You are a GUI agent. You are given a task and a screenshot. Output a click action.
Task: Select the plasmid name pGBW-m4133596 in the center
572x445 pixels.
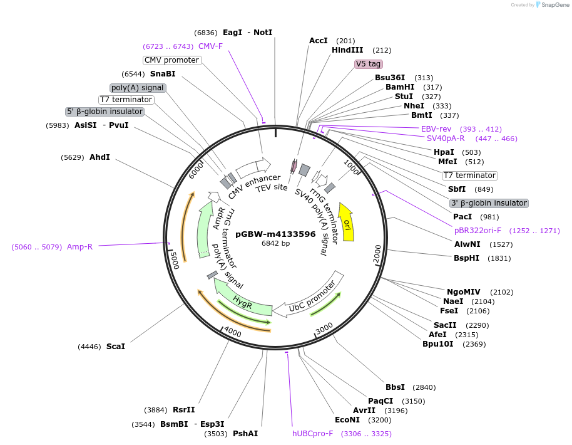(275, 234)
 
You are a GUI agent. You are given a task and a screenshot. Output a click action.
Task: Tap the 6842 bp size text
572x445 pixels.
(275, 243)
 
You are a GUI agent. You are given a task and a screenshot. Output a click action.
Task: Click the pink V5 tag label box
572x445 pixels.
(368, 64)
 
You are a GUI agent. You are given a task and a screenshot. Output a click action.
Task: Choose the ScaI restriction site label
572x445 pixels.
(116, 346)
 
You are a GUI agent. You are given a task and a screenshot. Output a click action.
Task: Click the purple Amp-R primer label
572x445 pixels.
(79, 247)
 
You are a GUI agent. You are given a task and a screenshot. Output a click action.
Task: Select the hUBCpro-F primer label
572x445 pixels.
(313, 434)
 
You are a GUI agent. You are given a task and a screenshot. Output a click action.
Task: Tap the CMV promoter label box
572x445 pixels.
(171, 60)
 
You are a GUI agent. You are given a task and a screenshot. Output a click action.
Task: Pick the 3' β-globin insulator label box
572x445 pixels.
(489, 203)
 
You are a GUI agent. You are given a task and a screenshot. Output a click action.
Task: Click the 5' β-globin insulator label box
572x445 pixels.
(105, 112)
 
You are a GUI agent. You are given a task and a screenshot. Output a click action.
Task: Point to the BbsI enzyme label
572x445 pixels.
(395, 387)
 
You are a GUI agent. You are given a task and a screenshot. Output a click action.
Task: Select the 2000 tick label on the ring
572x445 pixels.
(377, 255)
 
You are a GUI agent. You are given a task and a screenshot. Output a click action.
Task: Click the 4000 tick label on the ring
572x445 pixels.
(232, 332)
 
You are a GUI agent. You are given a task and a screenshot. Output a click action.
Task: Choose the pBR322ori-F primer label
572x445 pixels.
(478, 231)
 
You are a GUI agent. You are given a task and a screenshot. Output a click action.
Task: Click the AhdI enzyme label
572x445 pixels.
(100, 157)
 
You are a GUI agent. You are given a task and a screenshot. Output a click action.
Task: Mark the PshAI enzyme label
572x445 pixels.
(245, 433)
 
